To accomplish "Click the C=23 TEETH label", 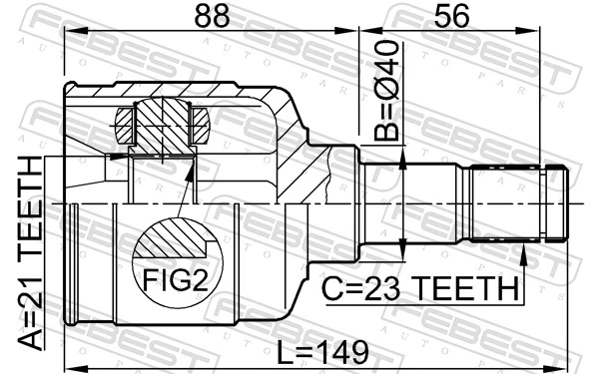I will point(420,289).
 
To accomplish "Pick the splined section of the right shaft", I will point(505,202).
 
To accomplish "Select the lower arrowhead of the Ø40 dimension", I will point(401,250).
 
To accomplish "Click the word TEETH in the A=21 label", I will point(30,199).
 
